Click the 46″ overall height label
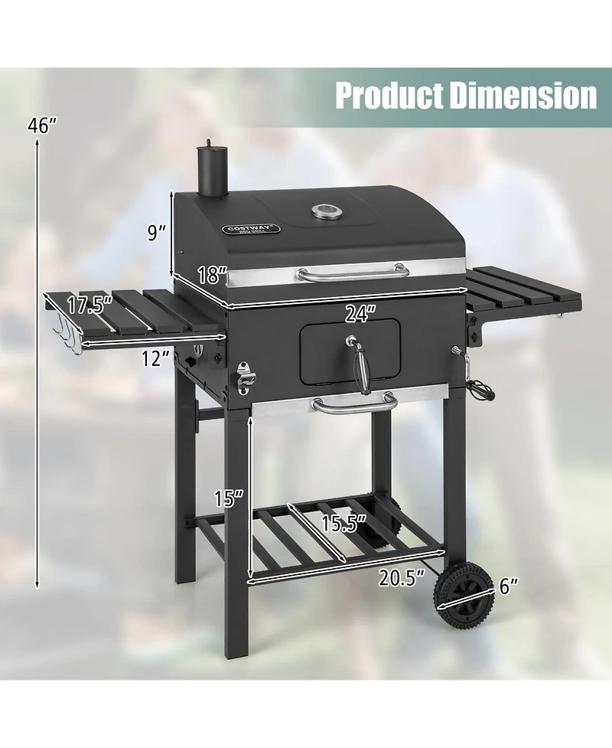(42, 126)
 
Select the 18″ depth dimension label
(212, 275)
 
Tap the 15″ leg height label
(228, 499)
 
